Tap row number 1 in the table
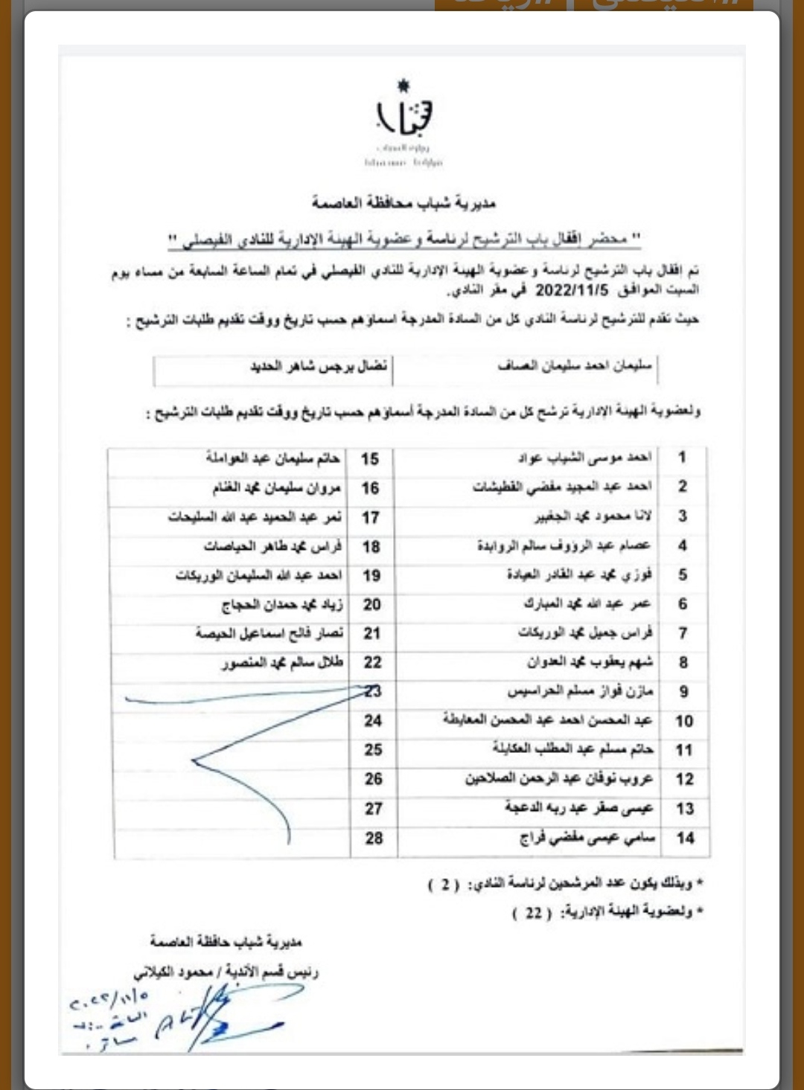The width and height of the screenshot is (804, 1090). click(x=682, y=458)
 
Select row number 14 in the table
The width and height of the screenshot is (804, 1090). click(x=685, y=838)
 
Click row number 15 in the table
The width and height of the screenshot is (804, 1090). click(x=370, y=459)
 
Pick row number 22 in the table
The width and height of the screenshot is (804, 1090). click(x=372, y=662)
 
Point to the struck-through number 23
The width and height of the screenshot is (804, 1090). click(x=373, y=691)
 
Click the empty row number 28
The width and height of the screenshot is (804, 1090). click(x=374, y=838)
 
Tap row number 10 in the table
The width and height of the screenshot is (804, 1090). click(x=684, y=721)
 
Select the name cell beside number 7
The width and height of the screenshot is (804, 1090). click(x=585, y=633)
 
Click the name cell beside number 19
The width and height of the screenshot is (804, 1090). click(x=259, y=576)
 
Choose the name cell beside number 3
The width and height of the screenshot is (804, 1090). click(x=593, y=516)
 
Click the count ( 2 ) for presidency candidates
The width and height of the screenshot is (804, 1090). click(x=445, y=885)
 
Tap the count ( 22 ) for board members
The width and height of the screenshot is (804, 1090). click(x=533, y=913)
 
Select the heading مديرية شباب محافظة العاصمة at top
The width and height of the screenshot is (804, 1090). click(x=403, y=202)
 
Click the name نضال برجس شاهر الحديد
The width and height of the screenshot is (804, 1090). click(x=319, y=367)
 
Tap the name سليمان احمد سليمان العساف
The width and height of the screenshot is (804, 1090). click(x=574, y=366)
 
